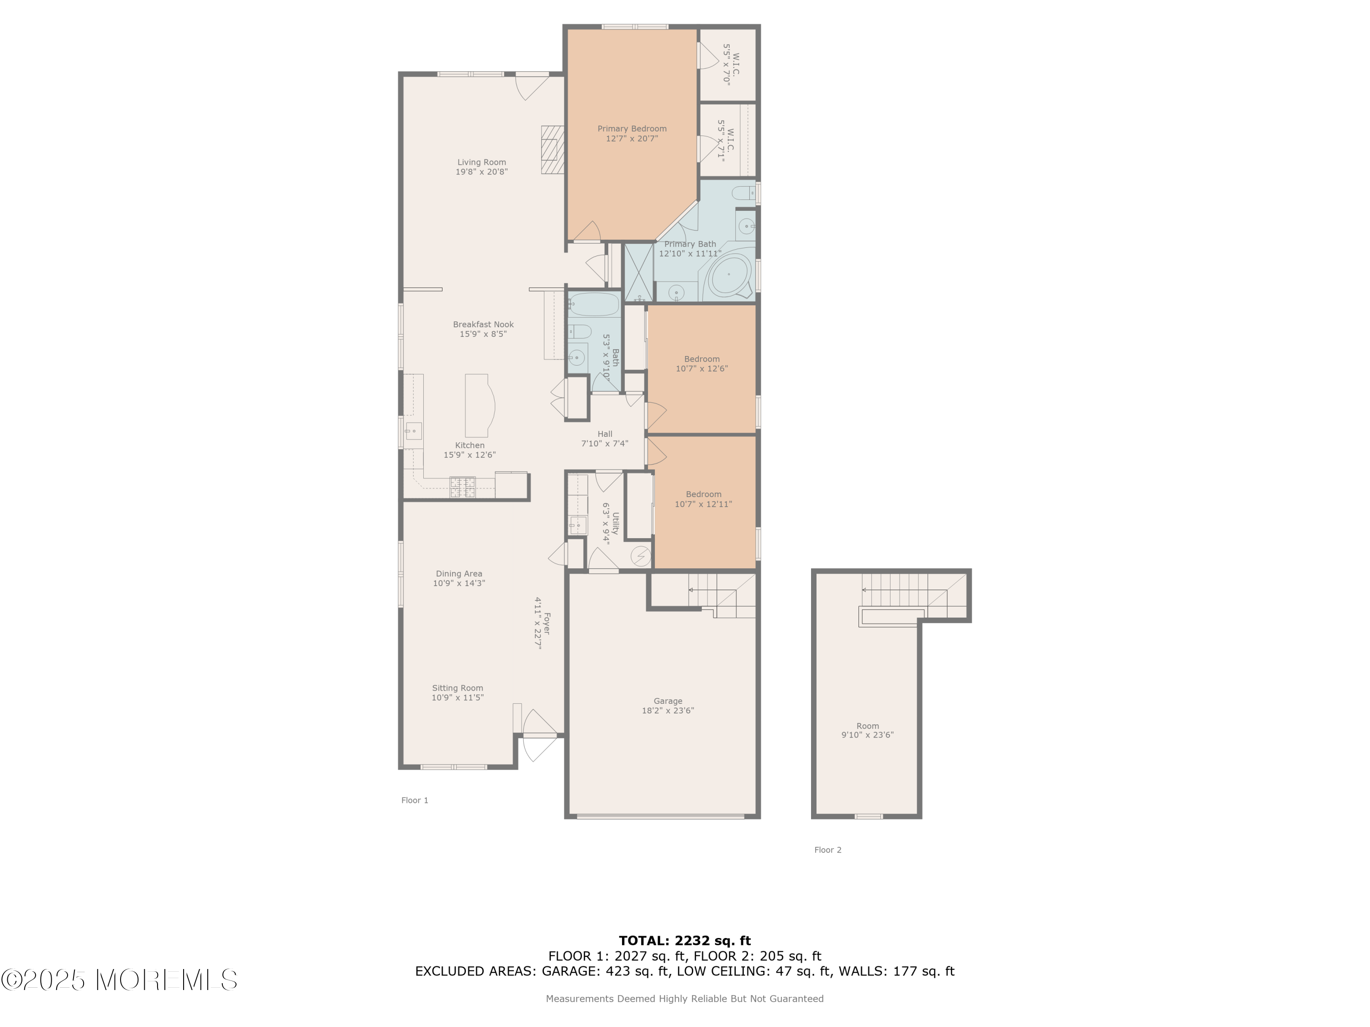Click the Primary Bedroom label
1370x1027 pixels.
[x=632, y=129]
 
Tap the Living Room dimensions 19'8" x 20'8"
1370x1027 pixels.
[x=482, y=172]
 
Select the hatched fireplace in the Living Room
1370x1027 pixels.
[x=553, y=150]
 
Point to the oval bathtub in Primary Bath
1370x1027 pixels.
[x=728, y=274]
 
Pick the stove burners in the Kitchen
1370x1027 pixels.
[x=463, y=487]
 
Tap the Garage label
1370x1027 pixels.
[x=668, y=702]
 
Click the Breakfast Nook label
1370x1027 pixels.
[x=483, y=325]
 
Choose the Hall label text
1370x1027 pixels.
[x=605, y=434]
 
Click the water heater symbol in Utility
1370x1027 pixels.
[x=641, y=556]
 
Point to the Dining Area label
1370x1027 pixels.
[x=459, y=574]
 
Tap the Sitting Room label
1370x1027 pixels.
[x=458, y=688]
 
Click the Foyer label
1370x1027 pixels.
[x=546, y=624]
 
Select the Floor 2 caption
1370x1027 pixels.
[x=828, y=850]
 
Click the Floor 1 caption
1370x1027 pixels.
[x=415, y=801]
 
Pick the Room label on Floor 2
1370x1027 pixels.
[x=868, y=726]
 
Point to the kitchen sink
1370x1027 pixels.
[x=413, y=431]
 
